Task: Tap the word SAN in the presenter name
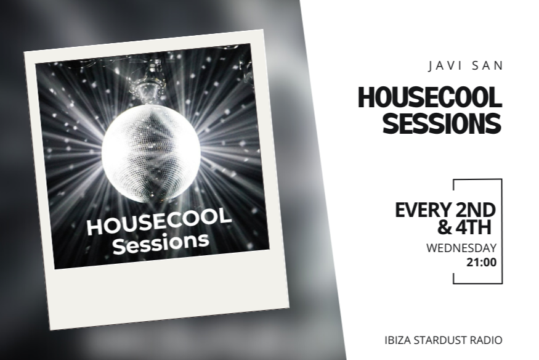pyautogui.click(x=488, y=66)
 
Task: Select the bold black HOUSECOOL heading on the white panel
pyautogui.click(x=430, y=97)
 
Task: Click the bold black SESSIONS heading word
pyautogui.click(x=442, y=123)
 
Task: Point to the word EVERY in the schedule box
pyautogui.click(x=423, y=210)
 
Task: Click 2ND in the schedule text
pyautogui.click(x=476, y=210)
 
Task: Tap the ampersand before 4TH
pyautogui.click(x=444, y=227)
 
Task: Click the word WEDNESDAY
pyautogui.click(x=461, y=248)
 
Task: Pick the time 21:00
pyautogui.click(x=481, y=263)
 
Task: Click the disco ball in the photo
pyautogui.click(x=150, y=153)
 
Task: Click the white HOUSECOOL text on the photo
pyautogui.click(x=159, y=221)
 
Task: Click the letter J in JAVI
pyautogui.click(x=431, y=66)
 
